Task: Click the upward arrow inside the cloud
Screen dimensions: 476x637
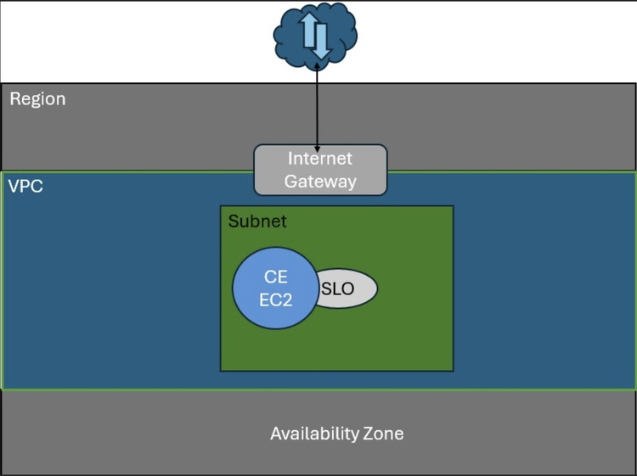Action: click(309, 31)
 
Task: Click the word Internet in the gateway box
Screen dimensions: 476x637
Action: click(319, 159)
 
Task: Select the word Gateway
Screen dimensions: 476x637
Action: click(319, 181)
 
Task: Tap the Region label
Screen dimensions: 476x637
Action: click(37, 99)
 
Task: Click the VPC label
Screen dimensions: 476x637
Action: click(25, 186)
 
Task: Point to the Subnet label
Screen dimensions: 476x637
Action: click(257, 221)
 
